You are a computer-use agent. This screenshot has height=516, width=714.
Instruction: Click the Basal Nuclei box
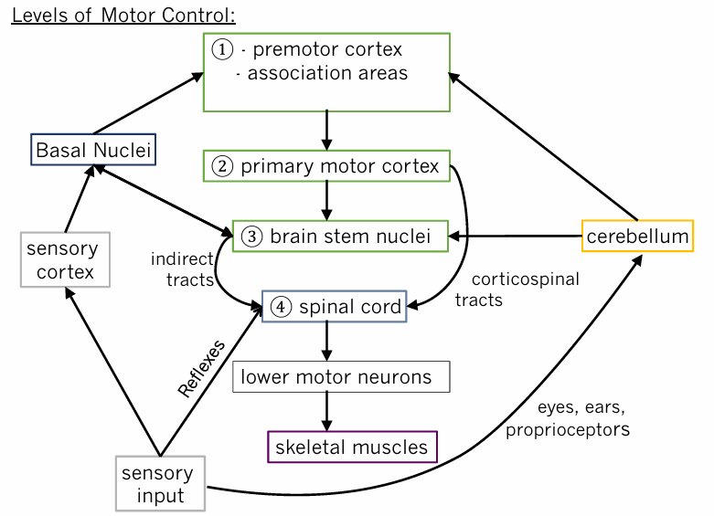(x=94, y=149)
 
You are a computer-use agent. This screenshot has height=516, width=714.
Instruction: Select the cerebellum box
(x=637, y=237)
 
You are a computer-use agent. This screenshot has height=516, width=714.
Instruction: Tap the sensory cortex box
(x=64, y=259)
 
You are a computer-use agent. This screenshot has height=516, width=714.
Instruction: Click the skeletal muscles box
(x=352, y=447)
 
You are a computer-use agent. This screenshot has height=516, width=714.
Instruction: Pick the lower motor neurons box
(x=341, y=376)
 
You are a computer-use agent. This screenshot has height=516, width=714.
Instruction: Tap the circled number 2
(x=222, y=167)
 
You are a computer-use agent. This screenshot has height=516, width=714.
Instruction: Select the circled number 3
(x=251, y=237)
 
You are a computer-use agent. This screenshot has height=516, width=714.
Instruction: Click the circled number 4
(x=281, y=307)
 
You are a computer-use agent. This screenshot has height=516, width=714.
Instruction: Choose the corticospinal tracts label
(x=516, y=289)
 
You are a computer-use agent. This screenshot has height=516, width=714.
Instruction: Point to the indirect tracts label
(x=182, y=269)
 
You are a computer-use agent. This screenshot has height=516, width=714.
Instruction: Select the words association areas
(x=327, y=73)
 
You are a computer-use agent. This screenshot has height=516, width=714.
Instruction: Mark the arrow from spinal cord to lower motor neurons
(x=326, y=342)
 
